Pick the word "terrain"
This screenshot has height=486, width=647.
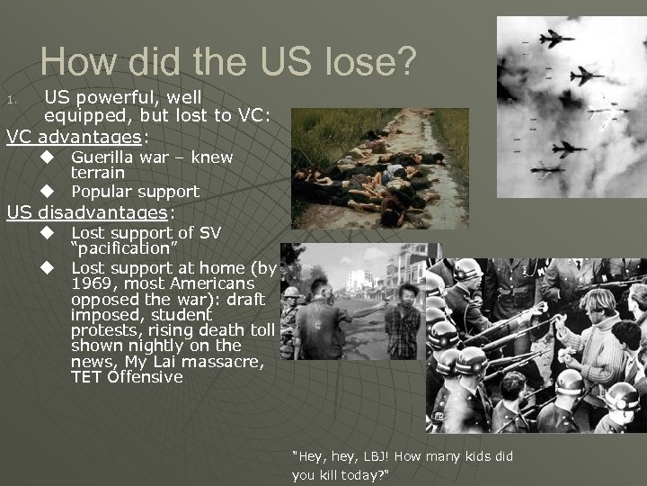point(98,173)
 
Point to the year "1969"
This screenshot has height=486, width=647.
point(92,283)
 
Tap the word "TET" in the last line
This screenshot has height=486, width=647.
point(86,377)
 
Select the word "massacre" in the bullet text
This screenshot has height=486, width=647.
point(232,362)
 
